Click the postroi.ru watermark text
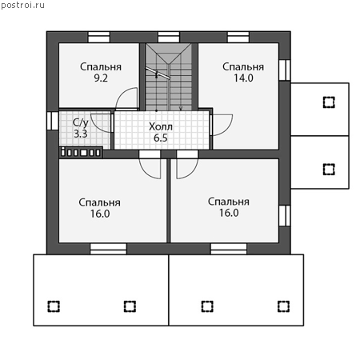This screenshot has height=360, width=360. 22,6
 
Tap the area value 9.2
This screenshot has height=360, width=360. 101,78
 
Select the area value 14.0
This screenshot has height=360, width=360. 243,78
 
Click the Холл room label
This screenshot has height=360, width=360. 161,126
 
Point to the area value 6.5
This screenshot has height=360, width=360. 161,138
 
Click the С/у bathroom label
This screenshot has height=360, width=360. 81,122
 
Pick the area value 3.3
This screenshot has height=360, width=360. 81,134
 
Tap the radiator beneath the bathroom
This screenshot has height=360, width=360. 81,152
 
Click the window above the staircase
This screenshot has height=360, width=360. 169,38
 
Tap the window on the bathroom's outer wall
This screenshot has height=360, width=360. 53,121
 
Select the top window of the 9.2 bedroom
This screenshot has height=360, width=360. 99,38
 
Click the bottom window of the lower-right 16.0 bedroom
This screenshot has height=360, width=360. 229,249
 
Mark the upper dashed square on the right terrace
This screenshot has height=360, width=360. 329,102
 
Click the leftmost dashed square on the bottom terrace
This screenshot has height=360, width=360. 54,306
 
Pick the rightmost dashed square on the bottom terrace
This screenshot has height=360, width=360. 283,306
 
